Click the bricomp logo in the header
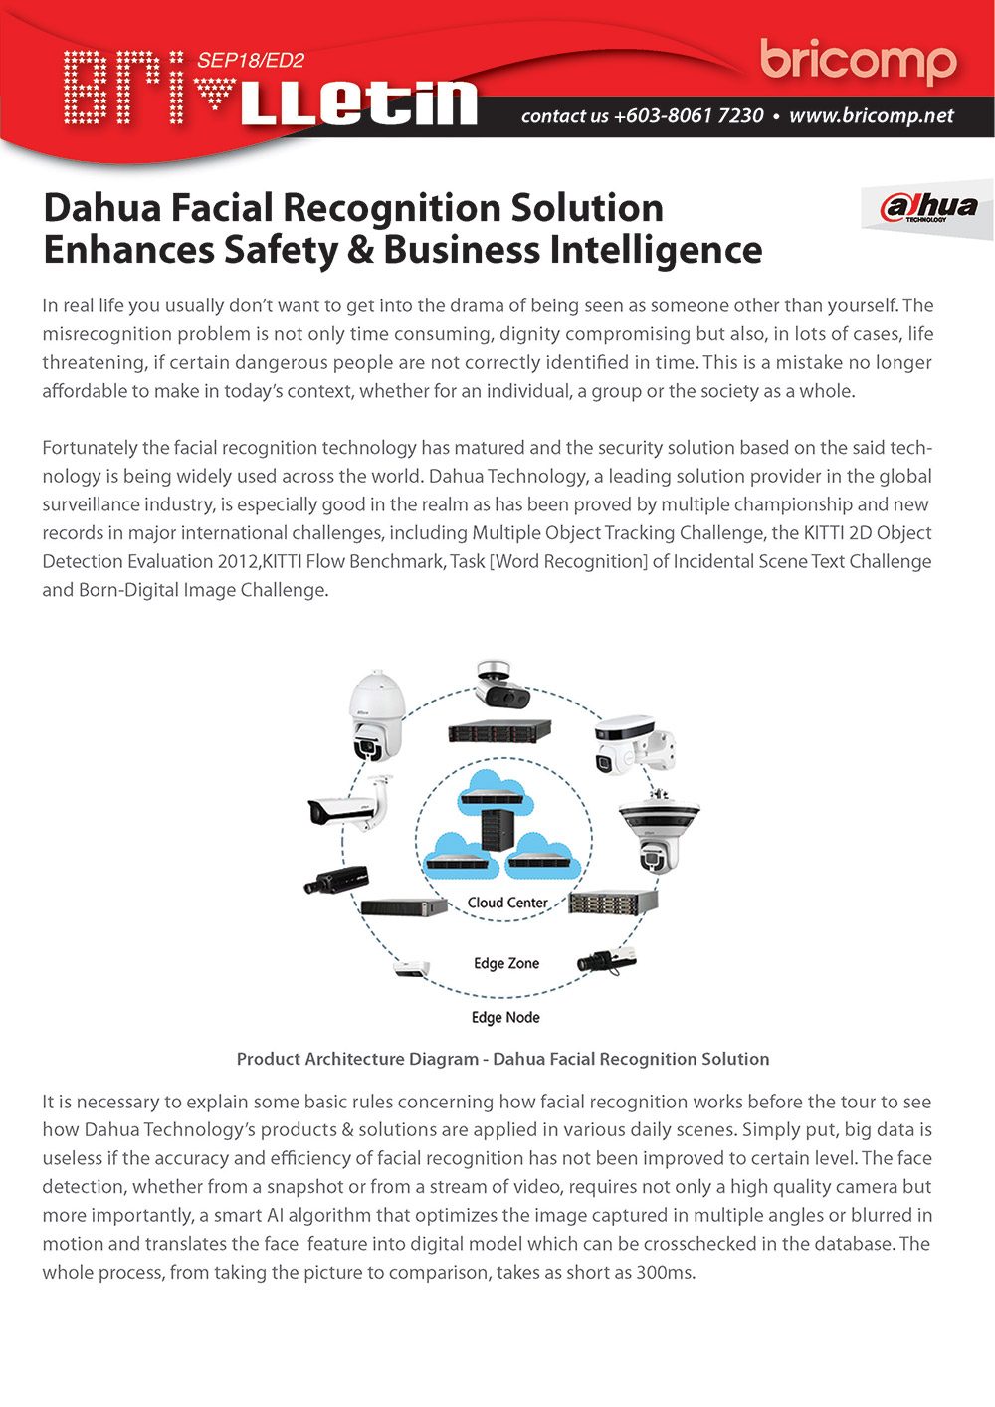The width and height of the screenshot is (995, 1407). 858,62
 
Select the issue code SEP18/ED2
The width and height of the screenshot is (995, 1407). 251,60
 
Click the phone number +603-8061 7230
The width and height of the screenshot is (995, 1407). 689,116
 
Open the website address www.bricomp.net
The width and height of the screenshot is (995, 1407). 872,116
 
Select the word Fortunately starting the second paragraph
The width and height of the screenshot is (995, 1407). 90,448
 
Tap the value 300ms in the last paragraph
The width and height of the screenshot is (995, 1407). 663,1272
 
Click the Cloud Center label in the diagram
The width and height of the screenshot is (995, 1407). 507,903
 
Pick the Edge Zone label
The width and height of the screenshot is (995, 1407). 506,963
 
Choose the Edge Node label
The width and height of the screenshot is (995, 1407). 505,1017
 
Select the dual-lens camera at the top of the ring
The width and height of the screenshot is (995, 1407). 500,685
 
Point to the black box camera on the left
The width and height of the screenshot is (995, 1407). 336,880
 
